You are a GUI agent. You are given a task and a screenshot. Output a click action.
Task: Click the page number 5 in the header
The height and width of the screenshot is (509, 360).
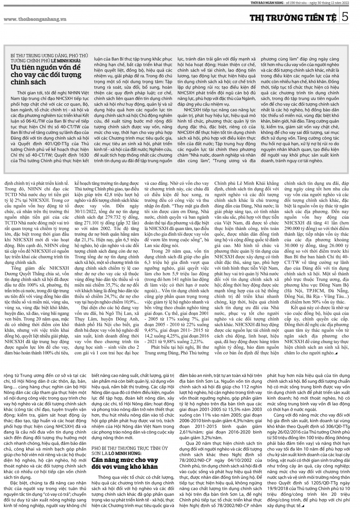pos(345,17)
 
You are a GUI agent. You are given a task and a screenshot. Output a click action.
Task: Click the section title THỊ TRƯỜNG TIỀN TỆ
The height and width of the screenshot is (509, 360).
pos(293,17)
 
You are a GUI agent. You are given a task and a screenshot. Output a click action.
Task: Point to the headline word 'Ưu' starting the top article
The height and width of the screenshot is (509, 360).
pos(15,68)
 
